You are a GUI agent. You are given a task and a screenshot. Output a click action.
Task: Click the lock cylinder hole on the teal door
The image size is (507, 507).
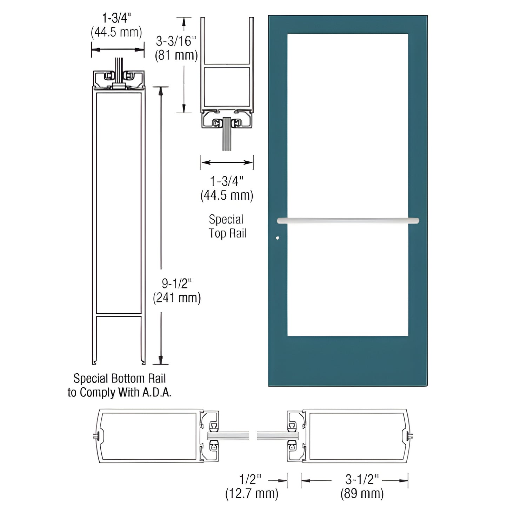278,238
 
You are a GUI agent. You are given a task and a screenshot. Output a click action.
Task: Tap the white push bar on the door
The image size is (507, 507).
348,221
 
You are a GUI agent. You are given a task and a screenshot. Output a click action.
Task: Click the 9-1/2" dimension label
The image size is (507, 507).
177,283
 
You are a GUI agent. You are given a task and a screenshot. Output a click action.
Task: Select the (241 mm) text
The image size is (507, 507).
177,298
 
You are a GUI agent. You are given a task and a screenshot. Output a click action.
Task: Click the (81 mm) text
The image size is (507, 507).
176,55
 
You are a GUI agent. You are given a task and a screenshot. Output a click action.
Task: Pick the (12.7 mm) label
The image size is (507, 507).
252,493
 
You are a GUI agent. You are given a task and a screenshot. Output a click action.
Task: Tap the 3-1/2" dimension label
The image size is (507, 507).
362,479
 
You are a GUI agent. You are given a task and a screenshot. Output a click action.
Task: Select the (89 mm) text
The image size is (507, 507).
362,493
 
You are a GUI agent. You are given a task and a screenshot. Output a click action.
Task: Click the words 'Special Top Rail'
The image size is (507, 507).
227,226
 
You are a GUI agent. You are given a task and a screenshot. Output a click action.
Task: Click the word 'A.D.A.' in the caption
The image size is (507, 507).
157,392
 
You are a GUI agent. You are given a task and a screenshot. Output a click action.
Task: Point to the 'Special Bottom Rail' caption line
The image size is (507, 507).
119,378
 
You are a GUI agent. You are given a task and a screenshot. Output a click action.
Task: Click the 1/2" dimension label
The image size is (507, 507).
250,479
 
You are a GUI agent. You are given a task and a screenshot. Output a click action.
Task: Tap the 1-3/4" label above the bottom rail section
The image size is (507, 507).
116,18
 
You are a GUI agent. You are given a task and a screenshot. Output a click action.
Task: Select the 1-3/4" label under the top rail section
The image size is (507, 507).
227,181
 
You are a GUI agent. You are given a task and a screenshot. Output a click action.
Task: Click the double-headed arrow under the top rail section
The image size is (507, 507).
227,162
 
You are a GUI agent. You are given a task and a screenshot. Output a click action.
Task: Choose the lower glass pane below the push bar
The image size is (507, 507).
347,281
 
